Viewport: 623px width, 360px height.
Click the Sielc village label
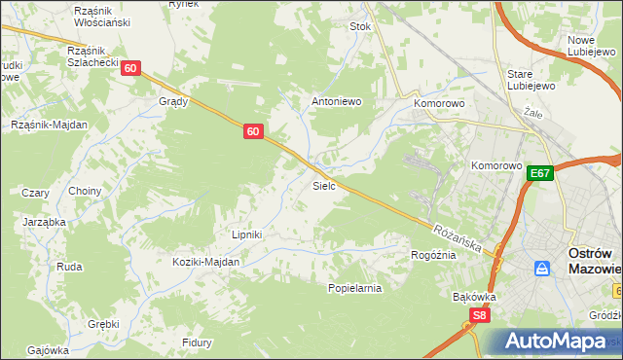(x=324, y=184)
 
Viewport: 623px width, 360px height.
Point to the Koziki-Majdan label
(x=205, y=262)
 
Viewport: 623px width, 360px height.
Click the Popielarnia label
(x=354, y=288)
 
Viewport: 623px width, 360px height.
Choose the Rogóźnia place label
(x=433, y=254)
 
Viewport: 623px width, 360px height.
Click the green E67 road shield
(x=541, y=173)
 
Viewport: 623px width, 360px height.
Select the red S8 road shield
(x=478, y=315)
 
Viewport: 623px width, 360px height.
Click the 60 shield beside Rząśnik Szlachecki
(x=131, y=68)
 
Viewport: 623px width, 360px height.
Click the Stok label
(x=361, y=26)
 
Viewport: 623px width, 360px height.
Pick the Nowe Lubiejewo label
(x=588, y=46)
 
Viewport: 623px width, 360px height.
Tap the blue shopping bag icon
(x=542, y=268)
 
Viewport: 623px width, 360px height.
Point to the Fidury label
(x=198, y=342)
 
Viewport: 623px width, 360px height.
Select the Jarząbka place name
(x=45, y=222)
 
